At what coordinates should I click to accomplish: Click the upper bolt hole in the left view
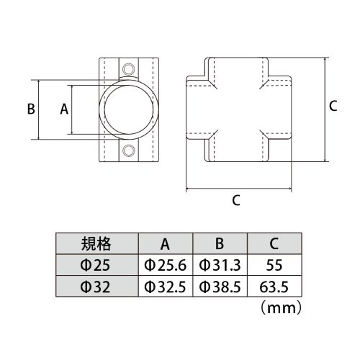point(129,69)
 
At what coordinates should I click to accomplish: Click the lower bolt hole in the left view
point(129,150)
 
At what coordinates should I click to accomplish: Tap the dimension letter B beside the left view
point(31,109)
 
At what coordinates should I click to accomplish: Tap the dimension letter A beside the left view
point(64,109)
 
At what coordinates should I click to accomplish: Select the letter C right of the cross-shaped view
point(333,106)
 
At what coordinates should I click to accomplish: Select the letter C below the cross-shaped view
point(236,200)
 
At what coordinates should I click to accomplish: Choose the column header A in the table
point(165,244)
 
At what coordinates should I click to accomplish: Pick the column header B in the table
point(220,244)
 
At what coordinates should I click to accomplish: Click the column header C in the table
point(274,244)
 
